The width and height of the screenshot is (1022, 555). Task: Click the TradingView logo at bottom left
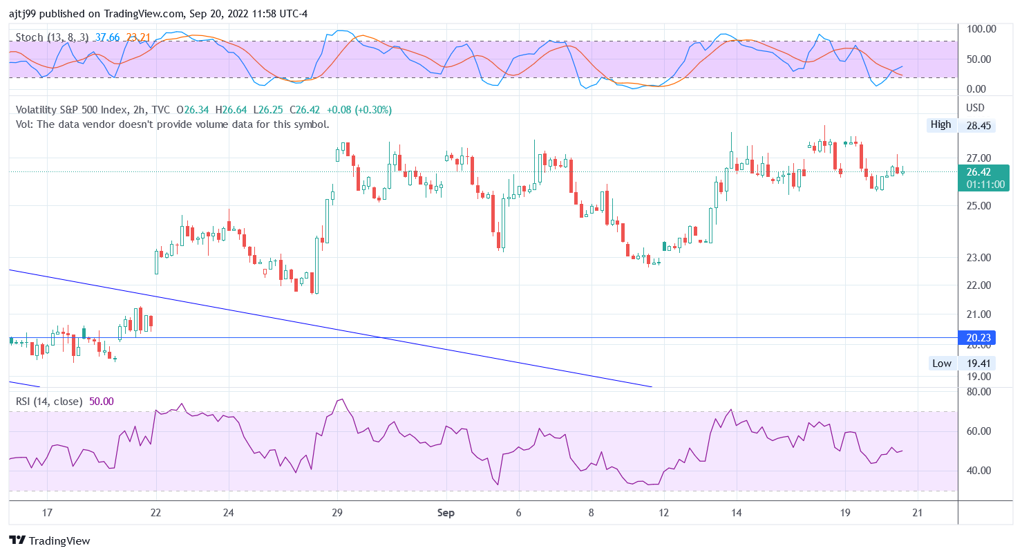tap(49, 540)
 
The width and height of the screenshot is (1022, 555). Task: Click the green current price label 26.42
tap(978, 172)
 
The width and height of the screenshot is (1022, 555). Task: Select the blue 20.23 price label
tap(978, 338)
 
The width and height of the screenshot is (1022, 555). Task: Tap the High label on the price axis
tap(940, 124)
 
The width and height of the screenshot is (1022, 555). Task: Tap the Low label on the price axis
tap(941, 364)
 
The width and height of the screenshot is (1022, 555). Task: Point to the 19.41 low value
tap(978, 364)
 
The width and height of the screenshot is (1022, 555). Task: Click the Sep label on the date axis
tap(446, 513)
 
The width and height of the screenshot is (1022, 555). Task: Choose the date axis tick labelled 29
tap(337, 513)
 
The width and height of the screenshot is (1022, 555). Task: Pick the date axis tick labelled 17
tap(47, 513)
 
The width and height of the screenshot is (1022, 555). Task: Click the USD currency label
tap(975, 108)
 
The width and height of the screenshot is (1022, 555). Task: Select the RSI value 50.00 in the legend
tap(102, 402)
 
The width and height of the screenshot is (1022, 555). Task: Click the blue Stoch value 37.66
tap(108, 37)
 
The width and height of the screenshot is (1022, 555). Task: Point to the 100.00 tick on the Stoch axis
tap(981, 29)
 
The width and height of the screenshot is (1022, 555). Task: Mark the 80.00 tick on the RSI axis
tap(980, 391)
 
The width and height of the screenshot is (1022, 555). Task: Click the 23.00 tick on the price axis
tap(978, 258)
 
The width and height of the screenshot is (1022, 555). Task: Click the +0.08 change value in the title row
tap(339, 110)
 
